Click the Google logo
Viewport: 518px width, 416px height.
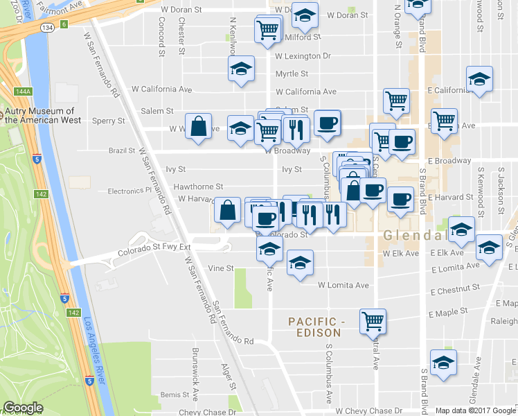click(23, 408)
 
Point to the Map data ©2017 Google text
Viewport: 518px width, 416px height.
click(476, 410)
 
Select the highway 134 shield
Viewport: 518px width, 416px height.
click(47, 27)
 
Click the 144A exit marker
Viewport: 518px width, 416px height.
click(23, 91)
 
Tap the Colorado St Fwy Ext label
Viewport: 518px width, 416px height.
click(153, 248)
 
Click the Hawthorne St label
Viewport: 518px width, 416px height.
click(198, 187)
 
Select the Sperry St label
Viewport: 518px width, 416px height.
click(111, 120)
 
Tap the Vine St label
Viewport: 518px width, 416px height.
click(219, 268)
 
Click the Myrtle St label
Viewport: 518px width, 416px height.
click(291, 73)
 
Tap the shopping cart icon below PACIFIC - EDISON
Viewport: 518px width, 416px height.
click(373, 320)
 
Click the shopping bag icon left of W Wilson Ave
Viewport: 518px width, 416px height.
click(199, 127)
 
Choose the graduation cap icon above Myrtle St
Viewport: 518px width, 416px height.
click(241, 68)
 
